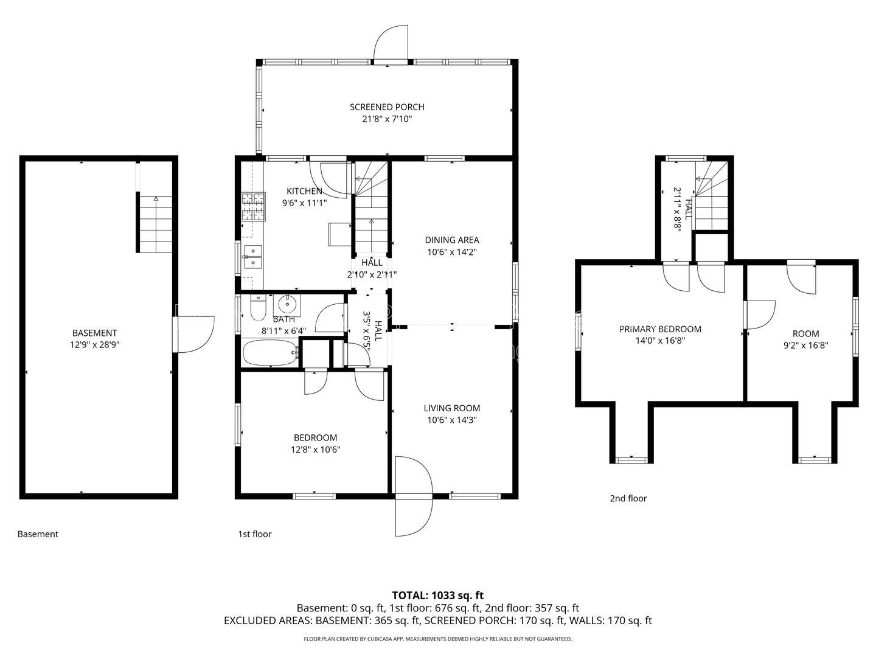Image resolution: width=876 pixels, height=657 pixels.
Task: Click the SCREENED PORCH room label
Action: [387, 107]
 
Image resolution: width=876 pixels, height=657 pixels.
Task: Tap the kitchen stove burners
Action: [253, 207]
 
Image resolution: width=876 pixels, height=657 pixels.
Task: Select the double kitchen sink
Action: [252, 257]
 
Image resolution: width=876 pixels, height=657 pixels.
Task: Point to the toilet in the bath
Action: [258, 308]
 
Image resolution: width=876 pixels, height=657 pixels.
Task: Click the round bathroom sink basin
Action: [287, 305]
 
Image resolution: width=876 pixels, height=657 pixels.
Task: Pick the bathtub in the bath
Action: [270, 352]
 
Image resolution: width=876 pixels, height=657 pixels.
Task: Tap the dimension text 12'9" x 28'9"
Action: [94, 345]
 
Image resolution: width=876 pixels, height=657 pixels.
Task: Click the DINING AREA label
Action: [452, 240]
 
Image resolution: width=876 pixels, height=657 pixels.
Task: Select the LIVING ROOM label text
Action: [452, 408]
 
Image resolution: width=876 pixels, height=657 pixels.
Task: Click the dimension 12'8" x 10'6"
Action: [315, 450]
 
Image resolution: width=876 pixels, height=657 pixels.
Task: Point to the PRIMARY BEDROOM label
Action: [660, 328]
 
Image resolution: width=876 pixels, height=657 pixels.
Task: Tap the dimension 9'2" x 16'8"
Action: [806, 345]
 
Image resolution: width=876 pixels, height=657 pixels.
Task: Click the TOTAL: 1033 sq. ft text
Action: [438, 595]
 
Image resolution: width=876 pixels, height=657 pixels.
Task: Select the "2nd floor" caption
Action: [628, 498]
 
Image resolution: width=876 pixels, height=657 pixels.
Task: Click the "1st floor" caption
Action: [255, 534]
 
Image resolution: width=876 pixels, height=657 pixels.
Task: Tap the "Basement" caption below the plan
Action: [38, 534]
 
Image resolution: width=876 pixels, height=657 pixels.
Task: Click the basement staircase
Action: [155, 224]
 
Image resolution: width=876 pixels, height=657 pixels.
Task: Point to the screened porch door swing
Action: [391, 43]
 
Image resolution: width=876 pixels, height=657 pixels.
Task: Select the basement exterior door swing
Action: [194, 335]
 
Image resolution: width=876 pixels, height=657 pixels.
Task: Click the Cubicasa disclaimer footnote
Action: [438, 639]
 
